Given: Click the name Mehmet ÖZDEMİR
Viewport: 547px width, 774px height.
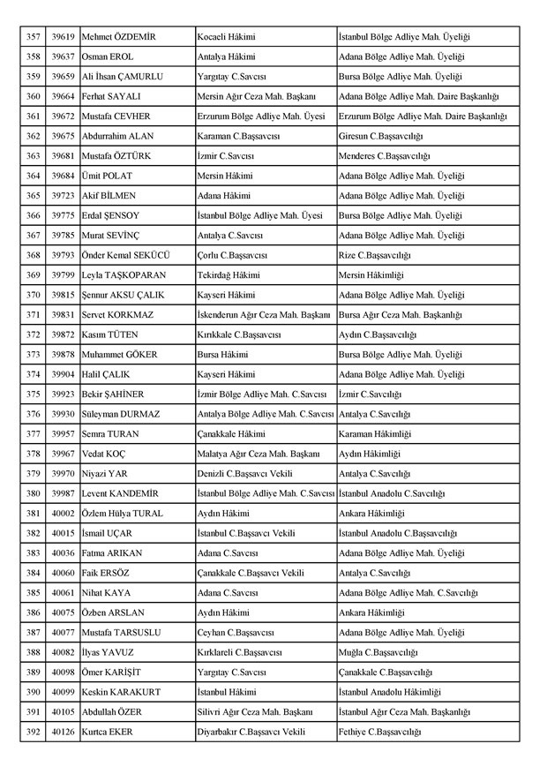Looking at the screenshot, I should [x=118, y=37].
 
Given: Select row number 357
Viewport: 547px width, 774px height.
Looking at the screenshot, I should [x=34, y=37].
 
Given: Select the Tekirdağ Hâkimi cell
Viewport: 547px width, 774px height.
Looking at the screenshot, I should [x=229, y=274].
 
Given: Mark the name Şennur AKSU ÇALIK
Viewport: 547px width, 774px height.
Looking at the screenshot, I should [x=127, y=295].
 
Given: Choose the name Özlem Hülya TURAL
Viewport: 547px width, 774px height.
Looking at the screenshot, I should [x=122, y=513].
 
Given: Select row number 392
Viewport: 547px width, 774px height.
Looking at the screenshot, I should [x=34, y=732].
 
